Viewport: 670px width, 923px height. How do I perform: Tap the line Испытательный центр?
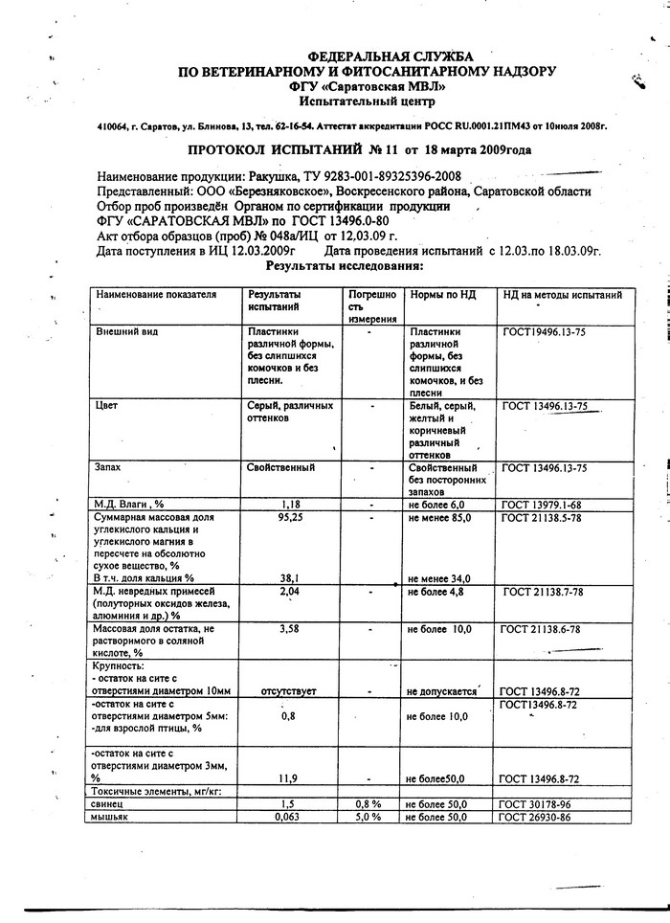[366, 100]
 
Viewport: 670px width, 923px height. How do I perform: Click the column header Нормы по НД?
[441, 295]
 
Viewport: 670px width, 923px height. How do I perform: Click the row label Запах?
[107, 467]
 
